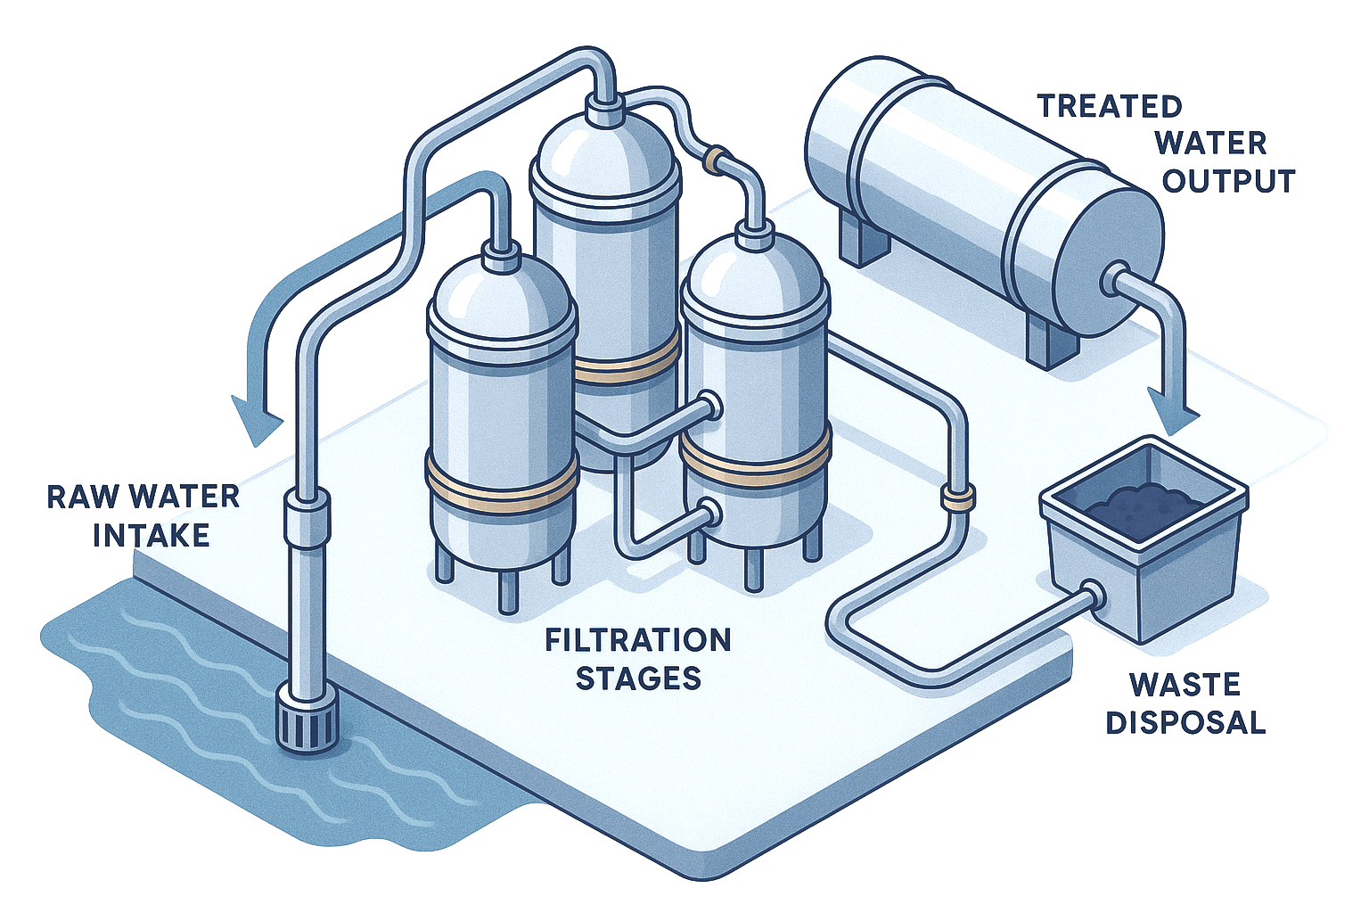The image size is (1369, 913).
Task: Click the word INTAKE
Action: coord(151,535)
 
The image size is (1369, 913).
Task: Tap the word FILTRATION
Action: coord(637,639)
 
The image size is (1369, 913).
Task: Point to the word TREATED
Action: coord(1109,106)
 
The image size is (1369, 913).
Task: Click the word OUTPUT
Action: coord(1228,181)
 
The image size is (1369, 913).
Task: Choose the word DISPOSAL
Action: coord(1185,722)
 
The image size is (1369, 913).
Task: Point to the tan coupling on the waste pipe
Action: coord(956,496)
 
